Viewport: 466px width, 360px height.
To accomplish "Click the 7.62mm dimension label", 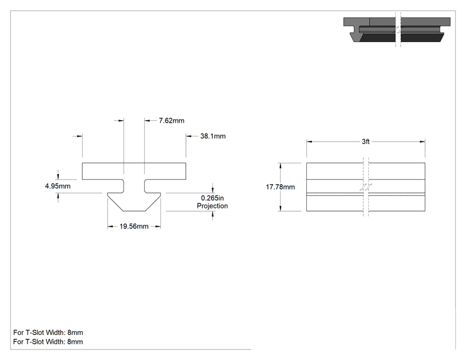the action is point(172,121).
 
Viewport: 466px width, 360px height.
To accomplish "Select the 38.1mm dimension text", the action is point(213,136).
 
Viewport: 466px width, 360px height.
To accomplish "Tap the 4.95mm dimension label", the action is point(58,186).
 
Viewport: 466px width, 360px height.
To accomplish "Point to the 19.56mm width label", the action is point(134,227).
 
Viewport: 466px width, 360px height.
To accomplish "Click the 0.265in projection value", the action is point(212,198).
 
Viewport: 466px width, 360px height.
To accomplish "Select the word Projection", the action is point(212,206).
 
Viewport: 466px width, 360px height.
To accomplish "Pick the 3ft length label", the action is point(366,141).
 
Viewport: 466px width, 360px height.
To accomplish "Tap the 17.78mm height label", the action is point(280,187).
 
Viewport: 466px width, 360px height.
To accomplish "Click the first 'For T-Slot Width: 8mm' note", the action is point(48,332).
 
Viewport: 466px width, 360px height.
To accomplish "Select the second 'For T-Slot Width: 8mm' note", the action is point(48,342).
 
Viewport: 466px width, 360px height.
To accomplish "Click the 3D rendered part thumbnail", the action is point(396,29).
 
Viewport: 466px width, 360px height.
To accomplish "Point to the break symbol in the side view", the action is point(366,187).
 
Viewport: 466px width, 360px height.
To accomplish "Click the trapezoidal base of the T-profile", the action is point(134,202).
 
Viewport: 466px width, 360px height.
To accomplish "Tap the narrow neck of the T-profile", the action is point(134,186).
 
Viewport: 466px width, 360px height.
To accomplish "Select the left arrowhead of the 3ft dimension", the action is point(309,141).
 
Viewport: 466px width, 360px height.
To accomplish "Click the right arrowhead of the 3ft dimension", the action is point(422,141).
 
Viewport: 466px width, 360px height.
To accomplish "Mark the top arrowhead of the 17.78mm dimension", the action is point(280,166).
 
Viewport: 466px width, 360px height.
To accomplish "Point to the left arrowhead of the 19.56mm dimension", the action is point(110,227).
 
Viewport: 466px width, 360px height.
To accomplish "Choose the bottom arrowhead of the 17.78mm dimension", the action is point(280,208).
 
